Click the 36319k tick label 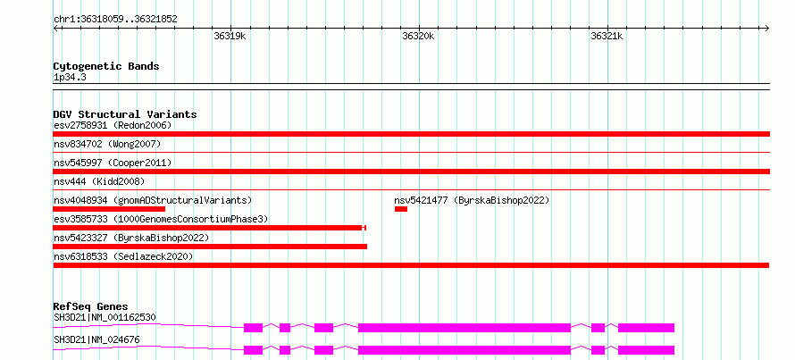pos(230,36)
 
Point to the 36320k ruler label pos(418,36)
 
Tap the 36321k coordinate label pos(607,36)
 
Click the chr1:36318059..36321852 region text pos(115,20)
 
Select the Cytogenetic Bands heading pos(106,66)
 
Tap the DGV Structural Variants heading pos(125,114)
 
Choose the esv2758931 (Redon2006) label pos(113,125)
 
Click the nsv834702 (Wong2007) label pos(107,145)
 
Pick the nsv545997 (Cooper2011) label pos(113,163)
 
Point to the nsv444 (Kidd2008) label pos(99,181)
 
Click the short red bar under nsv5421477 pos(401,209)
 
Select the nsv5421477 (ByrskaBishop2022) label pos(472,200)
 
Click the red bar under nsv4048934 pos(109,209)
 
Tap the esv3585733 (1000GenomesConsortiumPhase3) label pos(161,219)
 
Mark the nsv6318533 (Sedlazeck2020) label pos(123,256)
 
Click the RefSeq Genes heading pos(91,306)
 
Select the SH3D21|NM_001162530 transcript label pos(105,318)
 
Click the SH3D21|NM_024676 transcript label pos(96,339)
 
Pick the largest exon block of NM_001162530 pos(464,328)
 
